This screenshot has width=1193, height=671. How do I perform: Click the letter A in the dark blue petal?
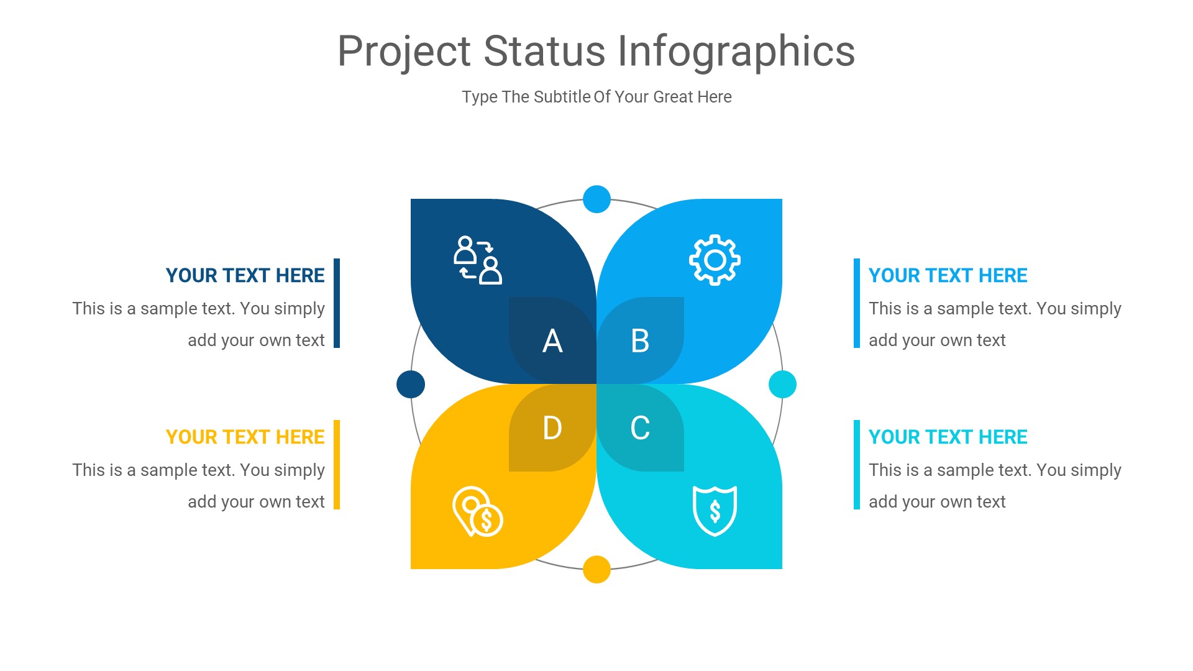552,341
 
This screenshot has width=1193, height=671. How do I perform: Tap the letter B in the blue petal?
640,341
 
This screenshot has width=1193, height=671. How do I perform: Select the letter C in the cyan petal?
640,428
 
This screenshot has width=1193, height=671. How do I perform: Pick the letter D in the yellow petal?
552,428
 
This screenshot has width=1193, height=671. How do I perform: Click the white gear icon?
715,260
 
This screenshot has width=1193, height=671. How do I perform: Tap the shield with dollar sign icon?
715,511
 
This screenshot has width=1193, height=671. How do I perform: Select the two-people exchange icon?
477,260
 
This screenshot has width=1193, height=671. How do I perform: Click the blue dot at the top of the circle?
596,199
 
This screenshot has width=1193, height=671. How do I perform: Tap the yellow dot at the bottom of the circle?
596,569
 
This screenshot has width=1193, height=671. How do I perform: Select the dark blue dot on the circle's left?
411,384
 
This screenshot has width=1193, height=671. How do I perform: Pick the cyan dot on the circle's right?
782,384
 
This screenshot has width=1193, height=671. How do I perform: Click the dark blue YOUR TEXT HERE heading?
245,275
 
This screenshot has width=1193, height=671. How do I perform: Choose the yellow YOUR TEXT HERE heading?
245,437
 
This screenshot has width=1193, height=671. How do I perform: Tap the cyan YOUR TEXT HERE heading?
948,437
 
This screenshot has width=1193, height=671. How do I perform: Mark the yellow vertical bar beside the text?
337,465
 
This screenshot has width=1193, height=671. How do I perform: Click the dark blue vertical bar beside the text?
337,303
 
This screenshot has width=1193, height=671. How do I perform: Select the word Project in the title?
404,51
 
